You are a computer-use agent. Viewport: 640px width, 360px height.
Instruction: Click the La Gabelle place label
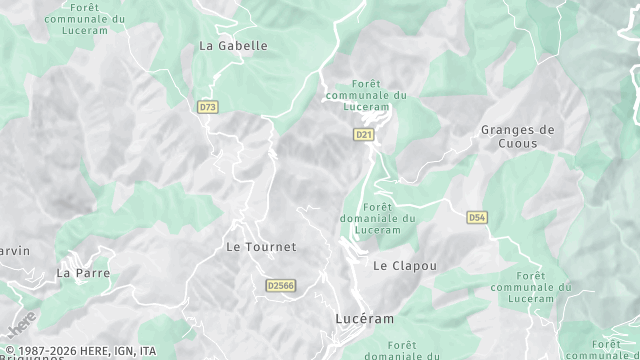(x=234, y=45)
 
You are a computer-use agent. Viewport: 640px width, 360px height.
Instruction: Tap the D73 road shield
(x=208, y=106)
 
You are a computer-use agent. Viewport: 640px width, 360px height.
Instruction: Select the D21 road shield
(x=364, y=133)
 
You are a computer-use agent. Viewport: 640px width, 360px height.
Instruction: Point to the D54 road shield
(x=477, y=216)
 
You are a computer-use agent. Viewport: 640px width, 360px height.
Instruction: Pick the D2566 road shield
(x=281, y=285)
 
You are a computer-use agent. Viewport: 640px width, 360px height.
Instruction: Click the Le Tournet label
(x=261, y=246)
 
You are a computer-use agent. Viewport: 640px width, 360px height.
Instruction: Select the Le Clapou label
(x=405, y=265)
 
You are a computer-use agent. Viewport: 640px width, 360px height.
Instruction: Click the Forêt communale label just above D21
(x=365, y=95)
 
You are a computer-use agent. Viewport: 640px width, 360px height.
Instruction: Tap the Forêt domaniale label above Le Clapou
(x=383, y=218)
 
